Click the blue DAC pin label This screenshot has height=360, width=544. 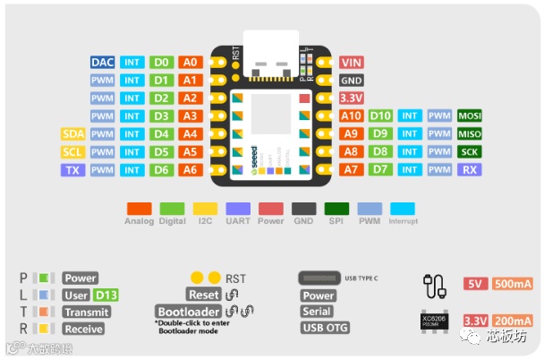pos(102,63)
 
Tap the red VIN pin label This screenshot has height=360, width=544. pos(351,63)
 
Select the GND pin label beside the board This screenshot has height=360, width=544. pos(351,80)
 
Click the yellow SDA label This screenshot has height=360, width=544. pos(73,133)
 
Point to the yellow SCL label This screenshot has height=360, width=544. pos(73,151)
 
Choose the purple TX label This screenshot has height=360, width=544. pos(73,169)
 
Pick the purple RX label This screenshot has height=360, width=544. pos(469,169)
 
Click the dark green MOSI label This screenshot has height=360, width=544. pos(469,116)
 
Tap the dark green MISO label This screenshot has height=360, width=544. pos(469,133)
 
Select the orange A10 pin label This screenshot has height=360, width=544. pos(351,116)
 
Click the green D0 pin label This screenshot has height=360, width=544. pos(161,63)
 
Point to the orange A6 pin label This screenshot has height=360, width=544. pos(190,169)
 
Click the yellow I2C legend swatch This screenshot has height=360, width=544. pos(205,209)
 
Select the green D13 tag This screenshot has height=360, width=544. pos(106,296)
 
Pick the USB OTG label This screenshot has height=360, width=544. pos(325,328)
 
